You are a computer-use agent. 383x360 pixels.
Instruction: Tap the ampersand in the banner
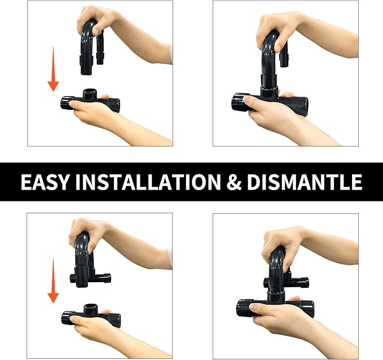[x=234, y=182]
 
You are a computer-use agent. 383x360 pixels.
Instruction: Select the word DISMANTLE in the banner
[x=305, y=182]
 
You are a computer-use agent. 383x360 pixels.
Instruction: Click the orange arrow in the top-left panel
[x=53, y=69]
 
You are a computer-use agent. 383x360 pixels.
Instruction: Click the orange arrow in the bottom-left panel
[x=53, y=280]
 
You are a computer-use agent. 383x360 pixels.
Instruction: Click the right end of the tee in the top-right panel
[x=302, y=106]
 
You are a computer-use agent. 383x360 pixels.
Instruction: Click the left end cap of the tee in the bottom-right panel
[x=244, y=308]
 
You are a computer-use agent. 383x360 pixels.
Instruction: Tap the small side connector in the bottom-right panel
[x=303, y=283]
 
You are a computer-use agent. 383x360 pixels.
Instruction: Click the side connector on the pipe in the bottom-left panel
[x=104, y=278]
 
